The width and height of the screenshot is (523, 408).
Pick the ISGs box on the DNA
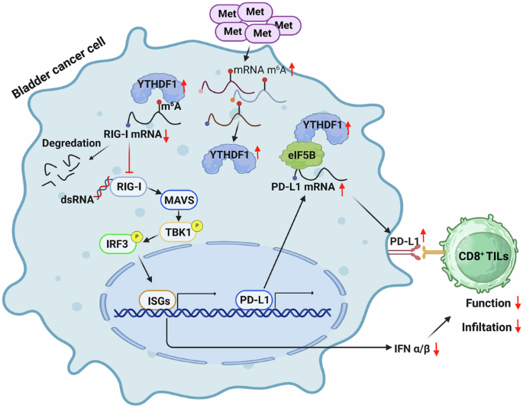tap(156, 300)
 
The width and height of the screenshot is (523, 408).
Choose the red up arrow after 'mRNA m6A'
tap(291, 71)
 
